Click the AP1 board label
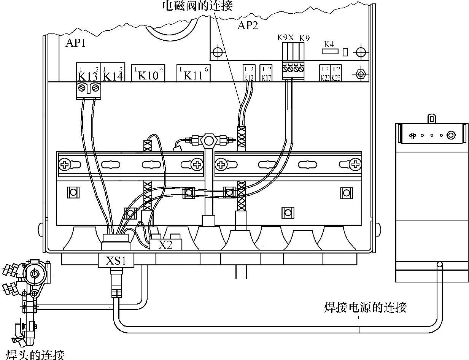click(76, 43)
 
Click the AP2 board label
click(248, 25)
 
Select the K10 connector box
click(148, 73)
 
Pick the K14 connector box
click(113, 73)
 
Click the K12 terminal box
click(249, 73)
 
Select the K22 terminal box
click(325, 73)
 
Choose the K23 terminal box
click(336, 73)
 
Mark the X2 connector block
click(166, 244)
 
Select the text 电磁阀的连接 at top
click(197, 5)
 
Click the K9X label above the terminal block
click(286, 38)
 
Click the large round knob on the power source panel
click(451, 135)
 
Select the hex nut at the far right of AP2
click(360, 73)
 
